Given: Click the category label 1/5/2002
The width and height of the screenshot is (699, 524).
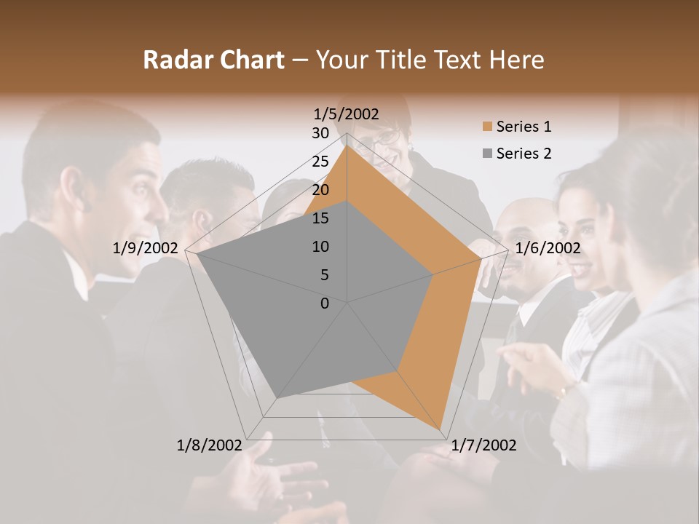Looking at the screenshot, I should pyautogui.click(x=347, y=114).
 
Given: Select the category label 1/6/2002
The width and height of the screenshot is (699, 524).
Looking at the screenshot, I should pyautogui.click(x=548, y=248).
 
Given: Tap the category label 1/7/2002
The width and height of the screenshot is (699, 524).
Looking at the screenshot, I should pyautogui.click(x=483, y=445).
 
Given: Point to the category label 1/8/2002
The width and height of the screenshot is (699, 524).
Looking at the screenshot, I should pyautogui.click(x=210, y=445).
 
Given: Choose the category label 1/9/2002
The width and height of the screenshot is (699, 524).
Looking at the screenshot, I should pyautogui.click(x=146, y=248).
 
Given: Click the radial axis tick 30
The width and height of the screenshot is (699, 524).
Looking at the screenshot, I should pyautogui.click(x=320, y=133).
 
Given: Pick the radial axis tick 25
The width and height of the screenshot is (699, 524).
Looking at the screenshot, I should pyautogui.click(x=320, y=162).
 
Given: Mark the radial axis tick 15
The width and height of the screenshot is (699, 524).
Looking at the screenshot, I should pyautogui.click(x=320, y=218).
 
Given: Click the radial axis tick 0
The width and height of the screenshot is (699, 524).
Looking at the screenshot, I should pyautogui.click(x=325, y=303).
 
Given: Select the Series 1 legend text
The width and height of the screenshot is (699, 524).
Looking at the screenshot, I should pyautogui.click(x=524, y=127).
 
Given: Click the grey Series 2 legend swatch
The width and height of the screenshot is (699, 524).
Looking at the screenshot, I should pyautogui.click(x=486, y=154).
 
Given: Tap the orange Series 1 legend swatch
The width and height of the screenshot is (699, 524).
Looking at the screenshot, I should pyautogui.click(x=486, y=127).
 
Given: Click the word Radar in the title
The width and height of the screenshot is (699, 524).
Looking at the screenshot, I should pyautogui.click(x=176, y=60).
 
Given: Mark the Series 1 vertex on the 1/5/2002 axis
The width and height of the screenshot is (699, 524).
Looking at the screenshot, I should pyautogui.click(x=347, y=146).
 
